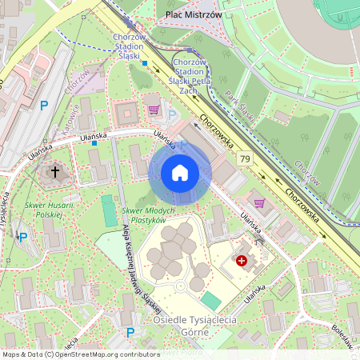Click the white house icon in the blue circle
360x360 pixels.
point(180,173)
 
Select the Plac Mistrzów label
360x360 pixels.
point(194,14)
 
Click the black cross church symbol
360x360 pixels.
point(56,171)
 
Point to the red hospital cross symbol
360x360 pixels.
point(242,260)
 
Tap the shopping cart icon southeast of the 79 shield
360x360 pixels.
point(259,202)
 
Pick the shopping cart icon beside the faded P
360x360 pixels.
point(153,110)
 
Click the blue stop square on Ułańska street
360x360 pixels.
point(94,144)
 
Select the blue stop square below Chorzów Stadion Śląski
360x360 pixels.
point(146,63)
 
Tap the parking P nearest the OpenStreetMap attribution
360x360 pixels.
point(130,332)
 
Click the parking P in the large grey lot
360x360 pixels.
point(44,105)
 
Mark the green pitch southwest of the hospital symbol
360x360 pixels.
point(210,300)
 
